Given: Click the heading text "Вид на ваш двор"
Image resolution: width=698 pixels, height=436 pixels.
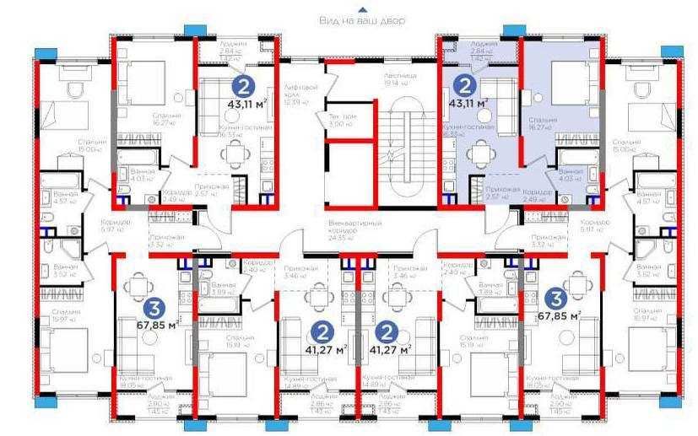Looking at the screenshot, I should [x=362, y=19].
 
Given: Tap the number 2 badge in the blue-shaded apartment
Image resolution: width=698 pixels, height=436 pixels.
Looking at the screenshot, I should [x=463, y=84].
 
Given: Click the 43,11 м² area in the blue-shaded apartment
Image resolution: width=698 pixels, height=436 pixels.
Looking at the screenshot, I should [x=470, y=104].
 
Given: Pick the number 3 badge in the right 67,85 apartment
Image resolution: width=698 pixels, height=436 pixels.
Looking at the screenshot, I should [x=555, y=297].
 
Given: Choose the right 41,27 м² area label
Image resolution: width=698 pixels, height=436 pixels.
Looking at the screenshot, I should [x=392, y=347].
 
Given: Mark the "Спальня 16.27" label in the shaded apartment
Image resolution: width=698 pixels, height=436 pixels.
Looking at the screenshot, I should [x=542, y=123].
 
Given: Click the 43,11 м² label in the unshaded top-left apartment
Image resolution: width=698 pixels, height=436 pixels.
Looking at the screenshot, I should [x=246, y=105].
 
